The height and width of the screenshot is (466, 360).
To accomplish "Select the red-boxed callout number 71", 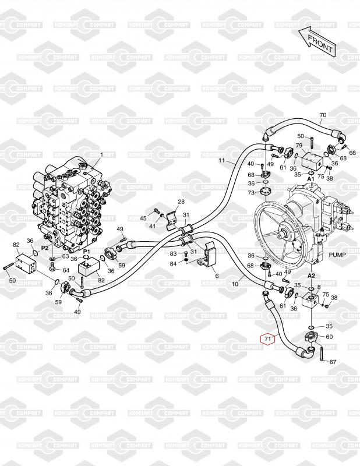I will (268, 338).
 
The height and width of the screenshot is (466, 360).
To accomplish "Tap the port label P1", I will (86, 251).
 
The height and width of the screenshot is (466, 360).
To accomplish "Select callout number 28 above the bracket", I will (181, 202).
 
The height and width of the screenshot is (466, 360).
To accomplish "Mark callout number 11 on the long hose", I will (221, 160).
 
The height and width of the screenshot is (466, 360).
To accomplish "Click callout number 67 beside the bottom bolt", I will (333, 362).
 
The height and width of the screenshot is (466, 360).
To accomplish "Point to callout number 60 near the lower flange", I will (329, 337).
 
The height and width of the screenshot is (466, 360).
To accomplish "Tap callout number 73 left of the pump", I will (251, 192).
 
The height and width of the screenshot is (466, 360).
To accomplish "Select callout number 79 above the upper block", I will (299, 145).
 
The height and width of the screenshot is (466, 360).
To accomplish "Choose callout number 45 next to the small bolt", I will (143, 218).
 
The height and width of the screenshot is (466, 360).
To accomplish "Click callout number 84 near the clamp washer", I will (173, 264).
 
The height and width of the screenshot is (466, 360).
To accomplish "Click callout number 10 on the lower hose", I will (235, 284).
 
